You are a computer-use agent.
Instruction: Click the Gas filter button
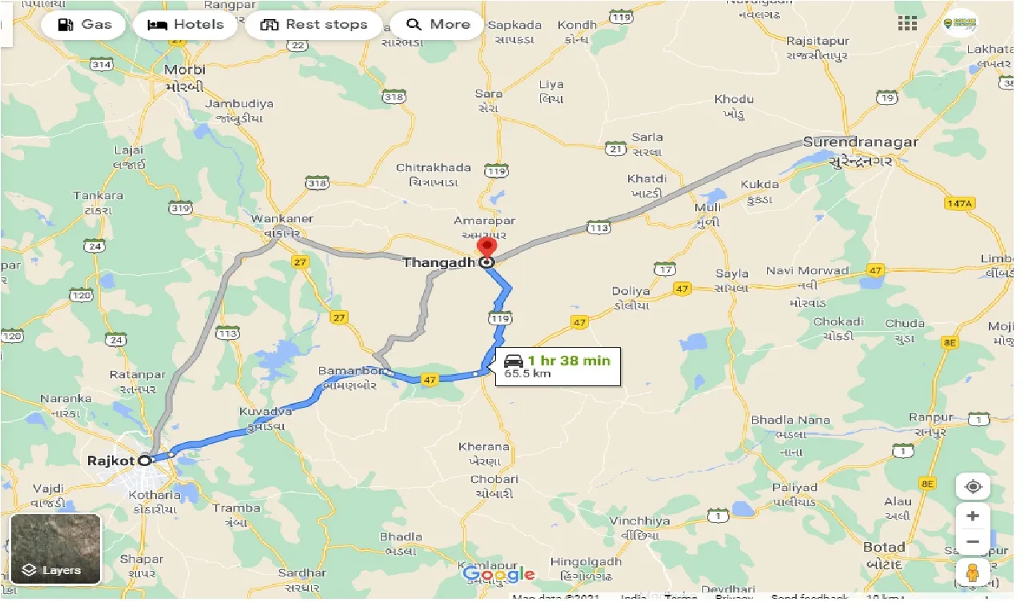[x=83, y=25]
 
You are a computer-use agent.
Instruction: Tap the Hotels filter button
[x=186, y=25]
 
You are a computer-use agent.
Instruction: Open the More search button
[x=438, y=25]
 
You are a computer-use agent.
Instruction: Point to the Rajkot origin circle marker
[x=145, y=460]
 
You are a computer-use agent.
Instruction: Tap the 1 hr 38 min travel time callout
[x=558, y=366]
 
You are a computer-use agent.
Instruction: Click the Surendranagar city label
[x=860, y=142]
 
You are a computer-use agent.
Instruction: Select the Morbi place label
[x=185, y=70]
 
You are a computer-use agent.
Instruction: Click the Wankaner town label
[x=282, y=219]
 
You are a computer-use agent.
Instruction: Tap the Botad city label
[x=884, y=548]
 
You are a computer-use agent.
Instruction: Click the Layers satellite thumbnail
[x=55, y=548]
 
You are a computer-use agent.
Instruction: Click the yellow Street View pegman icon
[x=973, y=572]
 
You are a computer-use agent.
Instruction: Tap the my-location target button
[x=973, y=487]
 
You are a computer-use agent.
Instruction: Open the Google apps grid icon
[x=907, y=23]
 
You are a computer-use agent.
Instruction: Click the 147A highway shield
[x=959, y=204]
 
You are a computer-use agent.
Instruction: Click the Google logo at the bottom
[x=498, y=574]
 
